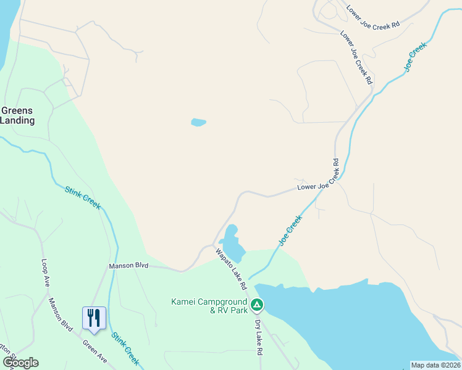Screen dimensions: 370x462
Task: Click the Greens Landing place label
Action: pyautogui.click(x=17, y=115)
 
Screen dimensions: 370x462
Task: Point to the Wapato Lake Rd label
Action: pyautogui.click(x=231, y=269)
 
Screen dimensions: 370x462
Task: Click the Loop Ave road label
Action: pyautogui.click(x=45, y=273)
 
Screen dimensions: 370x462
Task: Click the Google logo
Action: pyautogui.click(x=20, y=363)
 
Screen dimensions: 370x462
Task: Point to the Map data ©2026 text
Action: pyautogui.click(x=435, y=365)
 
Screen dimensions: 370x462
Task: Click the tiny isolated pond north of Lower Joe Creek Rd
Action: pyautogui.click(x=198, y=122)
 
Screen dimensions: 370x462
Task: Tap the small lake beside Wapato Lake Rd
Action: pyautogui.click(x=233, y=244)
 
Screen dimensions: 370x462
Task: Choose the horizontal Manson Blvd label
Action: pyautogui.click(x=128, y=266)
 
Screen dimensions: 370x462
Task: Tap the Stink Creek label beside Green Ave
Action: pyautogui.click(x=125, y=348)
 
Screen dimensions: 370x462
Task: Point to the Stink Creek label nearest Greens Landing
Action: pyautogui.click(x=82, y=198)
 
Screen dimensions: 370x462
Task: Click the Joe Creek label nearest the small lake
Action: pyautogui.click(x=290, y=230)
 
